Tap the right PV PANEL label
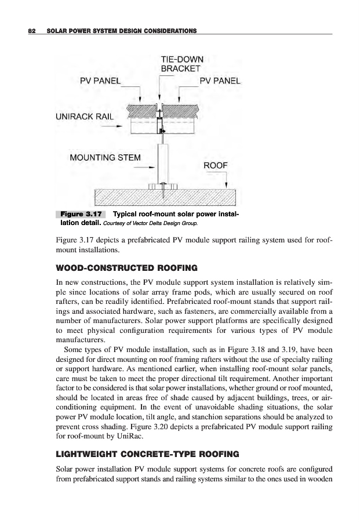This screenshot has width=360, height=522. coord(219,81)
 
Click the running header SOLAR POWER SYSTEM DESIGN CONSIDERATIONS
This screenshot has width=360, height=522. coord(119,30)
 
